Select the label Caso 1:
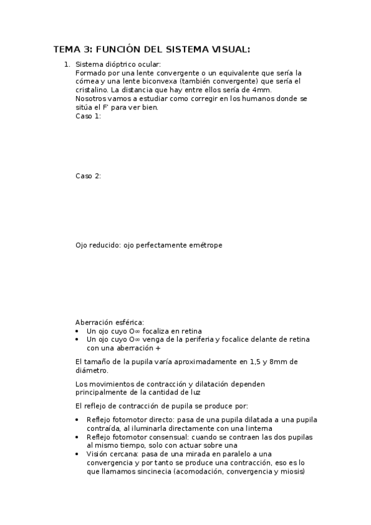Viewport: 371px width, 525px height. point(88,116)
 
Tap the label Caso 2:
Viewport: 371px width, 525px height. point(88,176)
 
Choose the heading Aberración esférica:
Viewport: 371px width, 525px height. point(110,322)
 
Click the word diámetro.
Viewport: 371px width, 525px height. point(90,370)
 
